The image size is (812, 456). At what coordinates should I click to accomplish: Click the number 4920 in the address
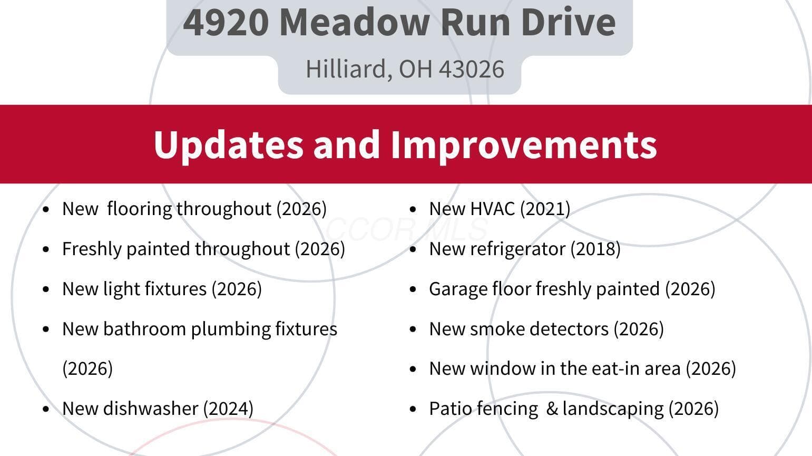(x=226, y=23)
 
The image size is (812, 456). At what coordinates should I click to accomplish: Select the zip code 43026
(x=472, y=69)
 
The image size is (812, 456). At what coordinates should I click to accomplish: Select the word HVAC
(x=492, y=209)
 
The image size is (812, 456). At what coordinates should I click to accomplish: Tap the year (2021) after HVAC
(x=545, y=209)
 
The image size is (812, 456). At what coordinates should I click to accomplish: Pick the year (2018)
(x=595, y=249)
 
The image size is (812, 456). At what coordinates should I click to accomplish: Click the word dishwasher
(x=151, y=409)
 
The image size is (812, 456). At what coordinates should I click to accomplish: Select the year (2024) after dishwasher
(x=228, y=409)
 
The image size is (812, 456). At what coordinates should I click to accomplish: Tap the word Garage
(x=458, y=289)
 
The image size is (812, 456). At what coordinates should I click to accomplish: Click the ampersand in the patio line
(x=552, y=409)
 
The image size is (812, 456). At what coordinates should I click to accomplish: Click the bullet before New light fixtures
(x=46, y=289)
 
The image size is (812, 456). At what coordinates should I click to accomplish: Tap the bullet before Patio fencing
(x=413, y=409)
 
